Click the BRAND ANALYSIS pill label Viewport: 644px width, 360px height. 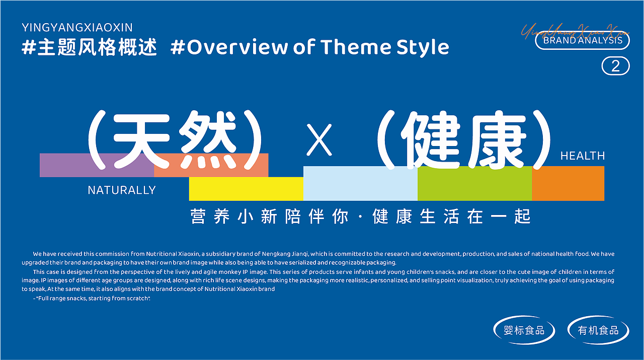(x=583, y=40)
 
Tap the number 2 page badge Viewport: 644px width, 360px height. (x=615, y=66)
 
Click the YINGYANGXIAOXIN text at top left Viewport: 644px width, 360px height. (x=77, y=27)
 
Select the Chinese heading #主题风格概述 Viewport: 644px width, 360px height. (x=90, y=47)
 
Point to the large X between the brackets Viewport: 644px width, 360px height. (x=319, y=140)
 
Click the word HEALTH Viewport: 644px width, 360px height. (x=583, y=156)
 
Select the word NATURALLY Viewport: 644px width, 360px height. (x=122, y=190)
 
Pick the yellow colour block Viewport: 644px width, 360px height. (x=246, y=189)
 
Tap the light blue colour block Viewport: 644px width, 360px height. (x=360, y=184)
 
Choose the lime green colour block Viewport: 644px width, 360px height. (x=474, y=184)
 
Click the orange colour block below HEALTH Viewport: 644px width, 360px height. (x=568, y=183)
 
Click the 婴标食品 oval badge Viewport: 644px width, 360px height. (x=524, y=330)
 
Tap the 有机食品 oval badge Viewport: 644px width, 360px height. (x=598, y=330)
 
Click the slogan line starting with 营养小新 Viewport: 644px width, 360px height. (x=360, y=217)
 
